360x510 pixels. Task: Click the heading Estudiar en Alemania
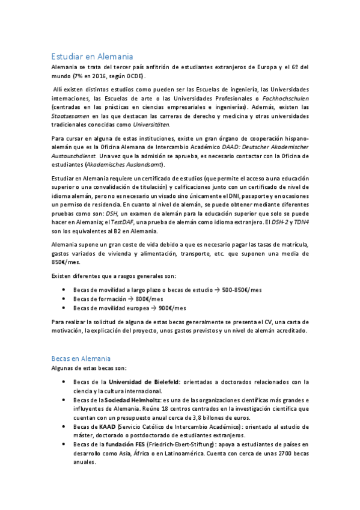[91, 57]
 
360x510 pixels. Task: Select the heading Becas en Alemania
[81, 358]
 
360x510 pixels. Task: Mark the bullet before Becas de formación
[64, 299]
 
